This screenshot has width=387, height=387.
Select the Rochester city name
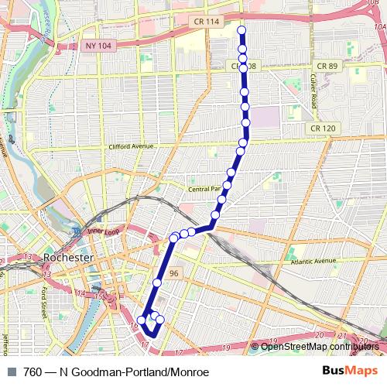(69, 257)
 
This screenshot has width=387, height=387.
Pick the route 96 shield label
(174, 273)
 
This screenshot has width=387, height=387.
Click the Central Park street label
(206, 188)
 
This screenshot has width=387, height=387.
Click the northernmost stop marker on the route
(241, 31)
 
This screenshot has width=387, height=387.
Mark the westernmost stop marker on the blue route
(142, 320)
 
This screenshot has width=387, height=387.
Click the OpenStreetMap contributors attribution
(320, 347)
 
